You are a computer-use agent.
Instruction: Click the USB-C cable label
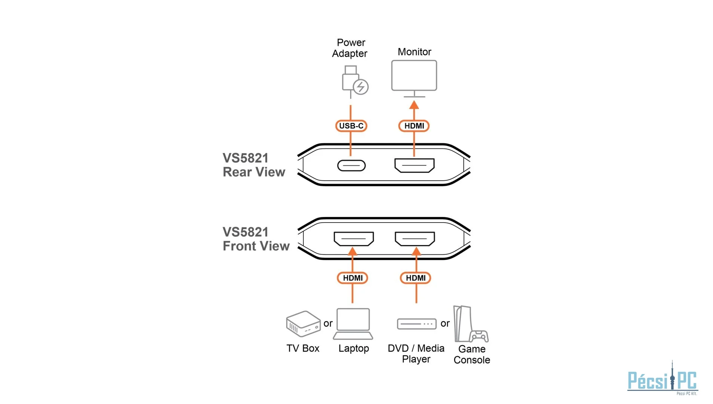(351, 126)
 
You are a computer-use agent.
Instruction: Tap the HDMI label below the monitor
(414, 126)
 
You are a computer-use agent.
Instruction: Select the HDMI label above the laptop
(352, 278)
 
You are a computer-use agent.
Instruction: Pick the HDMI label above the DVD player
(416, 278)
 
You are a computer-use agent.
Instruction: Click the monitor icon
(414, 76)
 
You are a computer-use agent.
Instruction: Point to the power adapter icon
(354, 82)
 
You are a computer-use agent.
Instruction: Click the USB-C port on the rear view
(351, 165)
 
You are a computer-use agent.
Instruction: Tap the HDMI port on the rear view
(414, 165)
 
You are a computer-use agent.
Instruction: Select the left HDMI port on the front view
(354, 239)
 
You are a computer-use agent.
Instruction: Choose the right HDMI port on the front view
(415, 239)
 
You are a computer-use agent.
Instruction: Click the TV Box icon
(303, 324)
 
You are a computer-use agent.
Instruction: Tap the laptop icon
(353, 323)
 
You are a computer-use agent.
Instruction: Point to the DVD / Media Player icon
(416, 324)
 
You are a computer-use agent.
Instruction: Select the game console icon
(469, 325)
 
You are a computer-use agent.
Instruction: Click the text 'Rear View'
(254, 172)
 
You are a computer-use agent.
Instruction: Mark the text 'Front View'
(256, 246)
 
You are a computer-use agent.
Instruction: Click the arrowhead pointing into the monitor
(414, 105)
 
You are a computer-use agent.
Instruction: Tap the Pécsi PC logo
(662, 380)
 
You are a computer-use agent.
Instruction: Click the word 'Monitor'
(414, 52)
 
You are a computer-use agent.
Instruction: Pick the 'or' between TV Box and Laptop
(328, 324)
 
